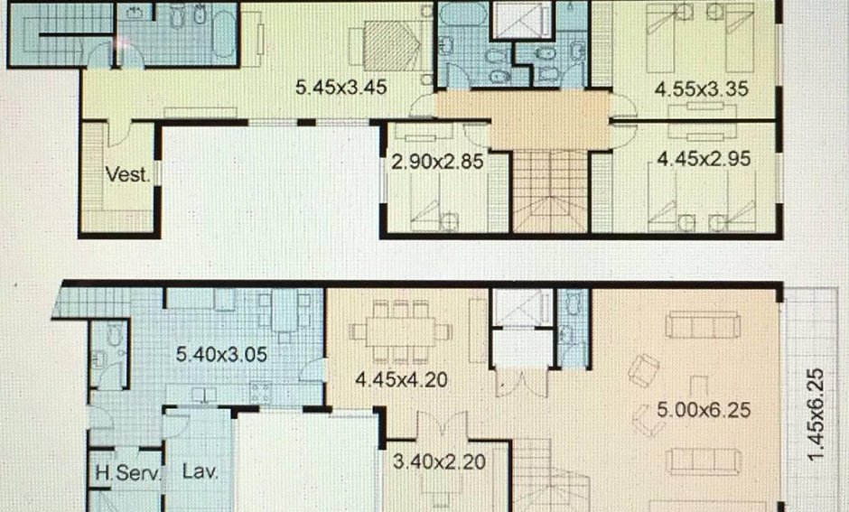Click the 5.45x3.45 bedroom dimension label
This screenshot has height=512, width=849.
click(341, 87)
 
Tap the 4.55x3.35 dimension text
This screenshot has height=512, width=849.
click(702, 88)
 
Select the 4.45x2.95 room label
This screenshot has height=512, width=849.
click(704, 159)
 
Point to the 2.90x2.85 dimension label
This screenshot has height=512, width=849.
click(437, 162)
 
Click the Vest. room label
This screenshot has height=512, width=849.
click(127, 174)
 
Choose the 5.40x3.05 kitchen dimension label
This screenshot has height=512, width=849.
click(221, 355)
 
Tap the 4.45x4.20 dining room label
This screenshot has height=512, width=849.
click(401, 380)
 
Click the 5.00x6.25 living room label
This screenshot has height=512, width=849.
click(704, 410)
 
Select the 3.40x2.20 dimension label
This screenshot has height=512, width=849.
click(439, 461)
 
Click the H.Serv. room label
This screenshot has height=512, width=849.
click(128, 472)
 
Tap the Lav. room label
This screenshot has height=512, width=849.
click(201, 470)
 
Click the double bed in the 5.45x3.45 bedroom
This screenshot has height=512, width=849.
click(392, 45)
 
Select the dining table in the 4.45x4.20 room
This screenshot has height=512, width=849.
click(401, 331)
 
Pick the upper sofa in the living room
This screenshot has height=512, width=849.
click(703, 324)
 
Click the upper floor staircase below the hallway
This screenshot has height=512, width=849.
click(550, 191)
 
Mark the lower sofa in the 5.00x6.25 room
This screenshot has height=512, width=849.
click(703, 461)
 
